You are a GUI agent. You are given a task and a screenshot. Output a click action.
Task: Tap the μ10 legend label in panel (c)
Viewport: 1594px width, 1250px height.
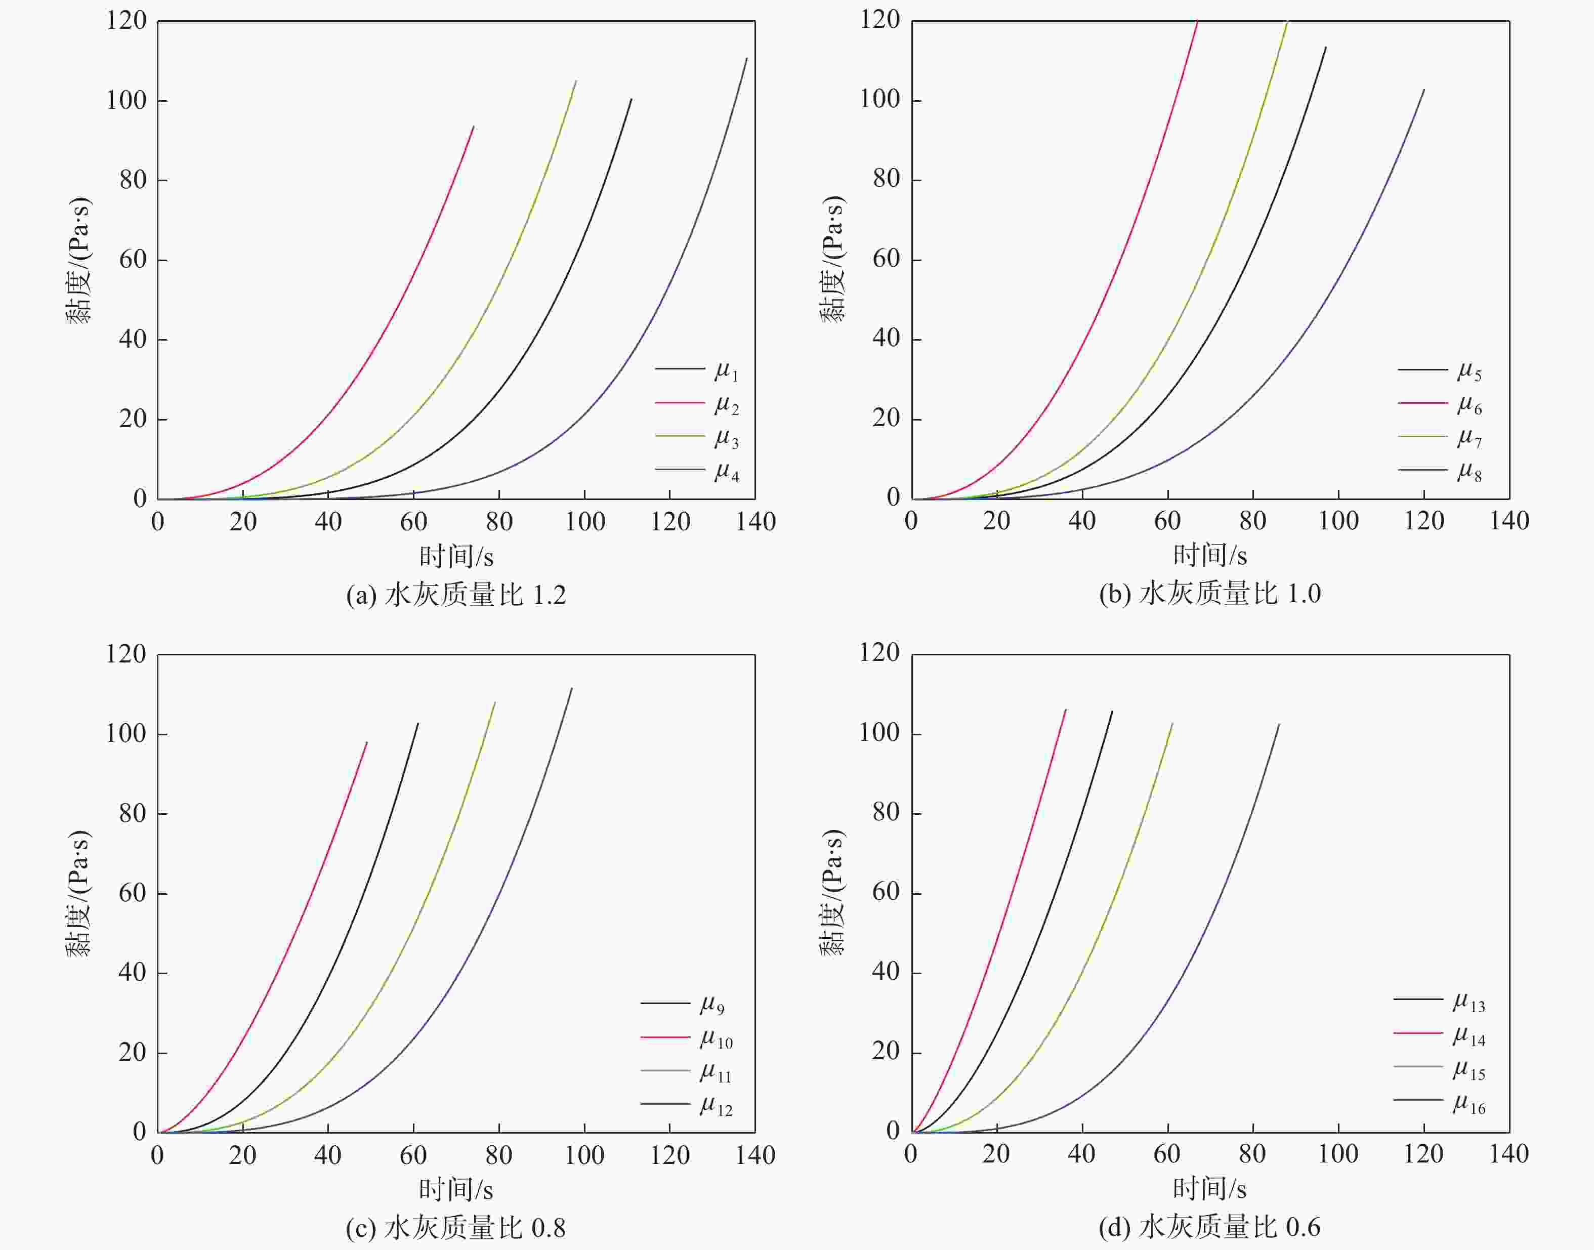[715, 1038]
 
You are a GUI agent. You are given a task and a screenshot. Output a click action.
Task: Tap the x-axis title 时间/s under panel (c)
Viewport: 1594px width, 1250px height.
[456, 1189]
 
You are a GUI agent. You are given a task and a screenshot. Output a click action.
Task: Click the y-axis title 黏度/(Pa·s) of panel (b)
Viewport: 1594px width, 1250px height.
[831, 259]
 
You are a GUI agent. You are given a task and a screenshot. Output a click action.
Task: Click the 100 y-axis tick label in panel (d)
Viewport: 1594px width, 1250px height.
[879, 733]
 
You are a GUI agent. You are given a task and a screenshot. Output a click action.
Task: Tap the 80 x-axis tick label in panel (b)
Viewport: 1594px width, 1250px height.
[1252, 521]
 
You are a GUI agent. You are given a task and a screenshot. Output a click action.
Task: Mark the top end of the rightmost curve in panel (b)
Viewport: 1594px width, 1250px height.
[1423, 90]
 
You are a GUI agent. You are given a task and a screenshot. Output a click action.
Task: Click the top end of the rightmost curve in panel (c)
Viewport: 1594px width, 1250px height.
[572, 688]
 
